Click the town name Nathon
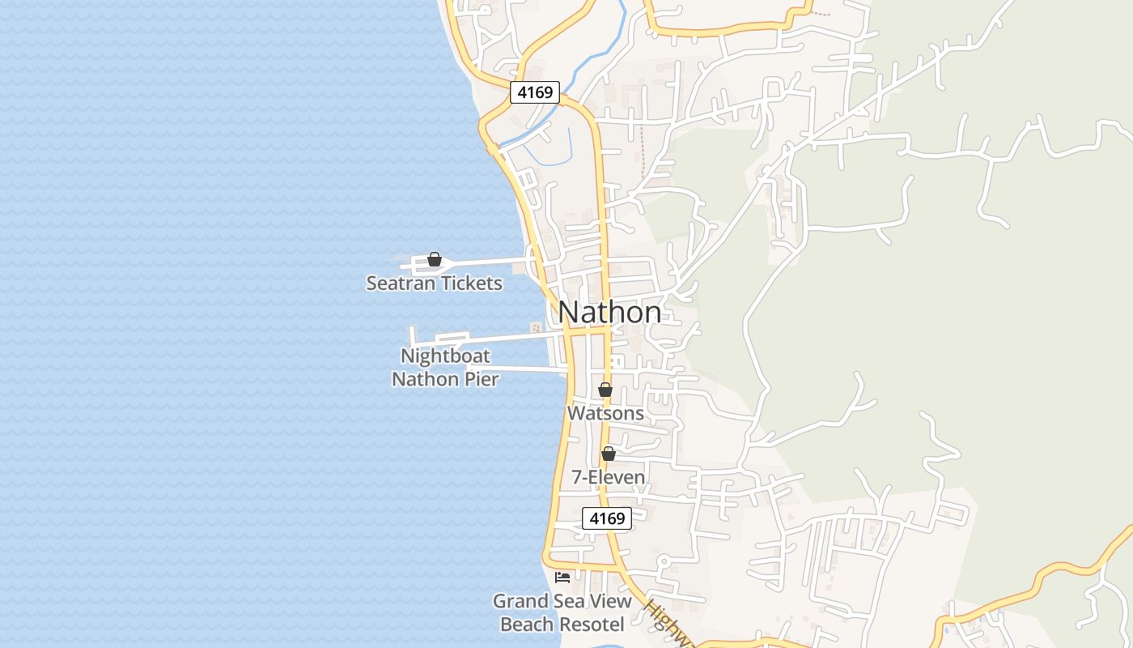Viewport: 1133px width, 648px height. pyautogui.click(x=609, y=312)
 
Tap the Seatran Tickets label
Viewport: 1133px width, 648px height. pyautogui.click(x=434, y=283)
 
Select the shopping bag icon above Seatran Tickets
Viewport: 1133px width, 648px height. pyautogui.click(x=435, y=260)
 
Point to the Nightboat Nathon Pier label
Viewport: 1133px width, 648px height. pyautogui.click(x=445, y=367)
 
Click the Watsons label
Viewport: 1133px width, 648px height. pyautogui.click(x=605, y=413)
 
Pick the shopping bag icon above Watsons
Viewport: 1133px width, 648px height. pyautogui.click(x=605, y=390)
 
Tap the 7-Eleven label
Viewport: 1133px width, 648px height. pyautogui.click(x=609, y=477)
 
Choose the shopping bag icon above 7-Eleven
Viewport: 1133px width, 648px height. pyautogui.click(x=609, y=454)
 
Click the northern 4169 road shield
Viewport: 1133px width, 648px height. pyautogui.click(x=535, y=92)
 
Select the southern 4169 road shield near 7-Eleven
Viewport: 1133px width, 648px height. pyautogui.click(x=607, y=518)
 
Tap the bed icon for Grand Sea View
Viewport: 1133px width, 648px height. pyautogui.click(x=562, y=578)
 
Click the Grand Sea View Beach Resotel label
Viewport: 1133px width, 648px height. pyautogui.click(x=562, y=612)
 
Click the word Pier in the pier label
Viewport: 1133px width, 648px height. pyautogui.click(x=481, y=378)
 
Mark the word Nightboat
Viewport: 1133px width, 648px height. pyautogui.click(x=445, y=356)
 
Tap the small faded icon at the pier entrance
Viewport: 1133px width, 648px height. pyautogui.click(x=535, y=327)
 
